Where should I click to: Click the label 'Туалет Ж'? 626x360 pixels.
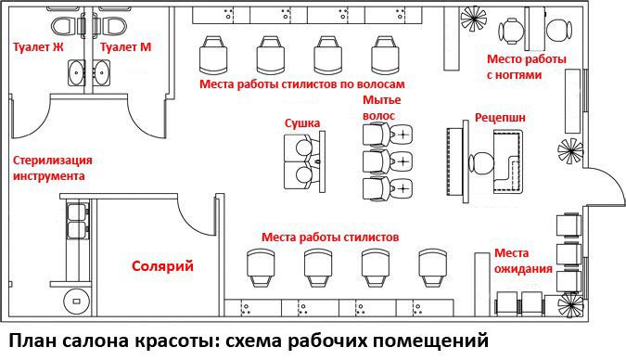pos(38,47)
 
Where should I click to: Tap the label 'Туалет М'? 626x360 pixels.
pos(126,47)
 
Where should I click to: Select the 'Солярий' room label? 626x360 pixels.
pos(162,266)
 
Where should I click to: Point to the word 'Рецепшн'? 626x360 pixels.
pos(500,118)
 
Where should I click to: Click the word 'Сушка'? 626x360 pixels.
pos(302,123)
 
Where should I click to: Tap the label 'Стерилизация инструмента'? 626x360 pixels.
pos(53,168)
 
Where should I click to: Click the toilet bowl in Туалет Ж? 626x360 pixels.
pos(63,26)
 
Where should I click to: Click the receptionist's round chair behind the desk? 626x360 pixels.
pos(481,164)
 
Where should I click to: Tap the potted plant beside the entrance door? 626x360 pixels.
pos(570,151)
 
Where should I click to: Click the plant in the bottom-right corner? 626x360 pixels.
pos(570,305)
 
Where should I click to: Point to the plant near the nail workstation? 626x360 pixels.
pos(474,19)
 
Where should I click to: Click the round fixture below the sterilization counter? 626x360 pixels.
pos(77,301)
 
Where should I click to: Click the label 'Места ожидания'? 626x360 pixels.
pos(523,261)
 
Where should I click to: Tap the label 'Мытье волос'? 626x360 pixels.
pos(381,108)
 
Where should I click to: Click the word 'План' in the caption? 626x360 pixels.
pos(32,341)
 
